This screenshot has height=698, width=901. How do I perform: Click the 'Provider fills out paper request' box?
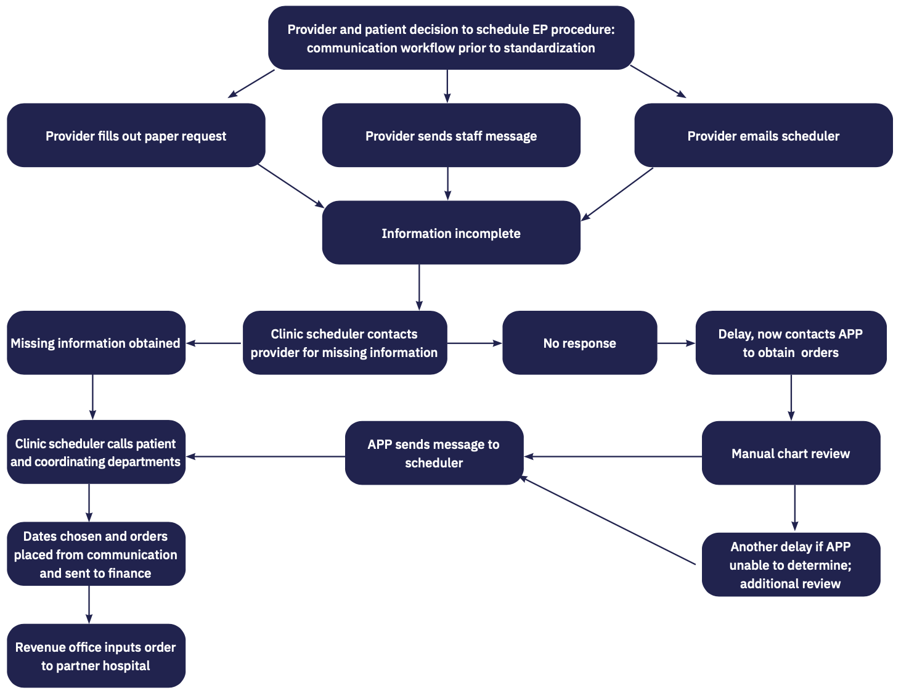pos(136,136)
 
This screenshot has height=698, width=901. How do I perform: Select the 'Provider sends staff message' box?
pos(450,136)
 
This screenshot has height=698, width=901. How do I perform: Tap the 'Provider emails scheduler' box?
pos(763,136)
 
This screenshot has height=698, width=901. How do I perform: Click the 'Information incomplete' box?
pos(450,233)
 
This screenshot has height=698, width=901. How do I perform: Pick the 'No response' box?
pos(579,343)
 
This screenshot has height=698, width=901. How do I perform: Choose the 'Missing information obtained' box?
pos(96,343)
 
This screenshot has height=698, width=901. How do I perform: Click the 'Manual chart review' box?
pos(791,453)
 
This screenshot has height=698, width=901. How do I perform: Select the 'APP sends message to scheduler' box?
pos(433,453)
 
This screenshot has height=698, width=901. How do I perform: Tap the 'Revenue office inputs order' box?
pos(96,656)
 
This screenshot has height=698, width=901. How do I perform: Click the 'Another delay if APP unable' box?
pos(791,565)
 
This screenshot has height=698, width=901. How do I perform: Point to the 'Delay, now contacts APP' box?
pos(791,343)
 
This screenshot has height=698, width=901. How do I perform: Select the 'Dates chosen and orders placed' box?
pos(96,554)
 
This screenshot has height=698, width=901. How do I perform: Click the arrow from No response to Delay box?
pos(675,343)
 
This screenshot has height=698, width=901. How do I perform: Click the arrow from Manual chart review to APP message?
pos(613,456)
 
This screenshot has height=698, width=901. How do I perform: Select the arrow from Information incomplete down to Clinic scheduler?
pos(419,287)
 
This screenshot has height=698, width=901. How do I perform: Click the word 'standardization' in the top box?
pos(549,48)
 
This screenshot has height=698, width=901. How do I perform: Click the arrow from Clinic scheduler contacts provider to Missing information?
pos(214,343)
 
